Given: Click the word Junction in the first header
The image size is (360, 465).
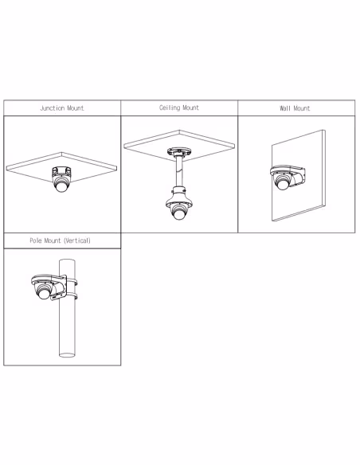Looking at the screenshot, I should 52,108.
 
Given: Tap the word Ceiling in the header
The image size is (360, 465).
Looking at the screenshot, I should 170,107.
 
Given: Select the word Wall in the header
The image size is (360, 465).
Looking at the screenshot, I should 285,108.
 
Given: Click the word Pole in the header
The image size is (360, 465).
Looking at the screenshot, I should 37,240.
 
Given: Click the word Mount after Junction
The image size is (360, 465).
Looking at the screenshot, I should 74,108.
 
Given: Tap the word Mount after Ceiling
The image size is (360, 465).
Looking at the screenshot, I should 190,107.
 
